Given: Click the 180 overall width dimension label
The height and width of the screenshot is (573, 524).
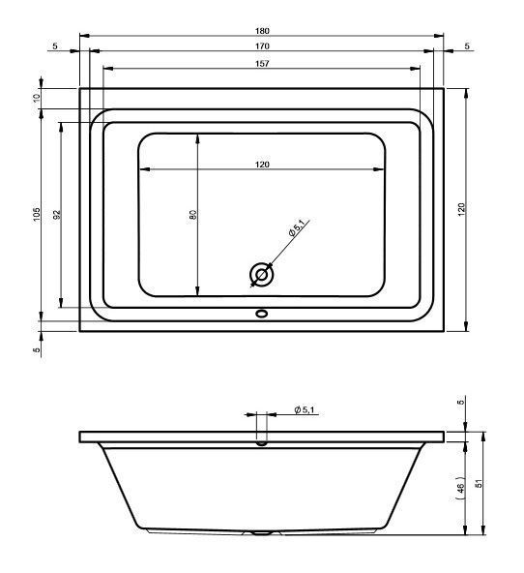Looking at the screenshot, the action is pyautogui.click(x=262, y=31).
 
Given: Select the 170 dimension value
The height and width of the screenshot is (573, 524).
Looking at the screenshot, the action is pyautogui.click(x=262, y=46).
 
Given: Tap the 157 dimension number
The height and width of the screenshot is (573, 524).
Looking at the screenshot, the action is pyautogui.click(x=262, y=64).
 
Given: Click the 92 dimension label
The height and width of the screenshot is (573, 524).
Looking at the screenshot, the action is pyautogui.click(x=57, y=215).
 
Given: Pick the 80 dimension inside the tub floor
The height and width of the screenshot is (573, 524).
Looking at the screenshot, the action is pyautogui.click(x=193, y=215).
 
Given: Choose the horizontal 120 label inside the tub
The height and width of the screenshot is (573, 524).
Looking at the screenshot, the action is pyautogui.click(x=262, y=165).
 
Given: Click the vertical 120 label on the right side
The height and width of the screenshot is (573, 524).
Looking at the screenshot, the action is pyautogui.click(x=461, y=210).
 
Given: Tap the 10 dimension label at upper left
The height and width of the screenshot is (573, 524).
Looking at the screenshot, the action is pyautogui.click(x=37, y=98).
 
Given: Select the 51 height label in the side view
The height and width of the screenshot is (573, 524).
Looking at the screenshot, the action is pyautogui.click(x=480, y=483).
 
